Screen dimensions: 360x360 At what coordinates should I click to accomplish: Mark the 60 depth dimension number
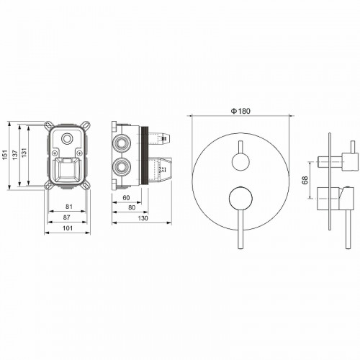point(126,197)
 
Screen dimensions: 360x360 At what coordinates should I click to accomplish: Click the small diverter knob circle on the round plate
point(239,161)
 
